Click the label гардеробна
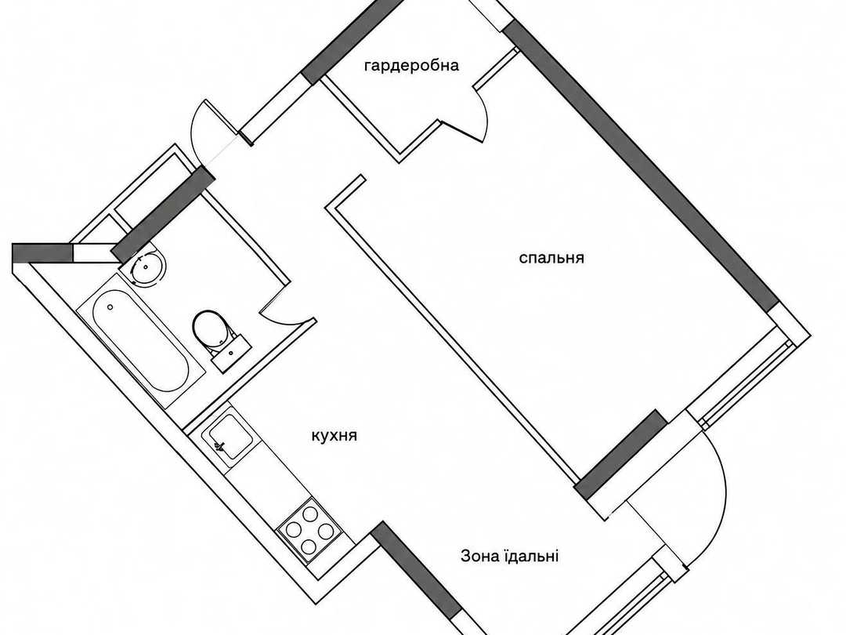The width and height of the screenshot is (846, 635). [x=412, y=66]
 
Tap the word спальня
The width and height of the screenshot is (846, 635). [x=551, y=258]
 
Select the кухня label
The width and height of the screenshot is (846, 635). [x=334, y=436]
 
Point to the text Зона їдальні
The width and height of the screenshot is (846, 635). [x=509, y=556]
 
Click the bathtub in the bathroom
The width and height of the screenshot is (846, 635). [x=140, y=340]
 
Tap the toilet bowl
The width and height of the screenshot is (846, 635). [x=211, y=328]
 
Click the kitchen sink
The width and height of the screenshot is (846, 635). [x=230, y=437]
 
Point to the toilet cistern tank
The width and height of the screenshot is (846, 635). [x=230, y=353]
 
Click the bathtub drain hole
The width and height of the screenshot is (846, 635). [x=110, y=307]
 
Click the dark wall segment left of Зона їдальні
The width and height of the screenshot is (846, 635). [x=418, y=579]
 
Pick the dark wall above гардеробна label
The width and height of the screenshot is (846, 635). [x=352, y=42]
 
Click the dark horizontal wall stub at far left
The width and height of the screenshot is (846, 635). [x=42, y=253]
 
